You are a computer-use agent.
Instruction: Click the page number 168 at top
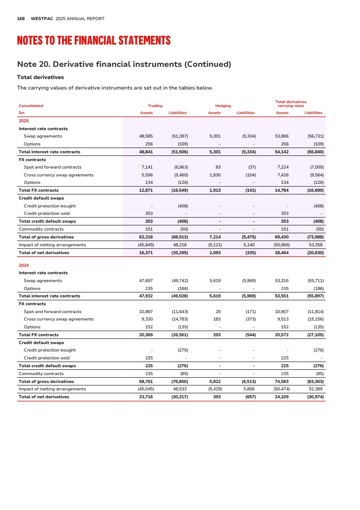[x=21, y=18]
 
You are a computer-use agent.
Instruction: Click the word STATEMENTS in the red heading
[x=144, y=41]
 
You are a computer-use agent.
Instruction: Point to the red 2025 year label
[x=24, y=121]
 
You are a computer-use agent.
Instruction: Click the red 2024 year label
[x=24, y=265]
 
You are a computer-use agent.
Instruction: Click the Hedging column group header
[x=223, y=106]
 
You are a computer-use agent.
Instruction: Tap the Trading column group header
[x=155, y=106]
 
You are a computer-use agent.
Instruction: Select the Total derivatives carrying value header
[x=291, y=104]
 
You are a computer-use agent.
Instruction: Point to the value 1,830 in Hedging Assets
[x=215, y=175]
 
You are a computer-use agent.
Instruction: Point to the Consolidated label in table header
[x=31, y=106]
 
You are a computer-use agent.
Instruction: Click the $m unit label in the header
[x=21, y=113]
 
